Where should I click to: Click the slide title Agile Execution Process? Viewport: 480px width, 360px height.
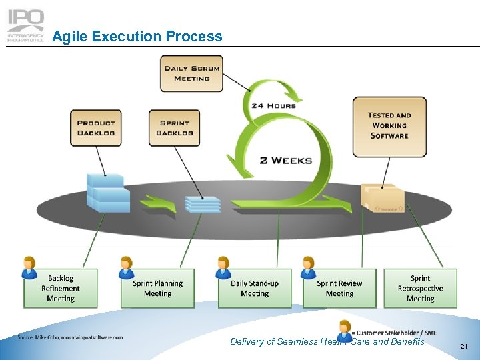click(x=137, y=37)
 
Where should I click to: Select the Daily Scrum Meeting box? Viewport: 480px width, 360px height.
click(x=191, y=74)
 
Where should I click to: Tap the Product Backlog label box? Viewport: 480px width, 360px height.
click(x=96, y=128)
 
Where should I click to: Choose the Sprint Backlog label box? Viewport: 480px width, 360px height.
click(x=175, y=128)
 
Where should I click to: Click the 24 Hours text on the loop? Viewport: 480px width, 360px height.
click(x=273, y=105)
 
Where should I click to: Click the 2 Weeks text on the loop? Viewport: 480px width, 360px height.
click(x=286, y=160)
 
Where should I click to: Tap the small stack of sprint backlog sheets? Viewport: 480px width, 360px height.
click(x=202, y=205)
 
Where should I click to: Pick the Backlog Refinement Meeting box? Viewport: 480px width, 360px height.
click(x=61, y=289)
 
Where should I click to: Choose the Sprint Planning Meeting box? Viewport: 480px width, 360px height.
click(x=157, y=289)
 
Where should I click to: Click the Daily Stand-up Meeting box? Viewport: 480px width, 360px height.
click(x=255, y=289)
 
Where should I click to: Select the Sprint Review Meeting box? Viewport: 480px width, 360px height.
click(x=339, y=289)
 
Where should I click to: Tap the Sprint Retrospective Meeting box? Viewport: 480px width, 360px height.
click(x=420, y=289)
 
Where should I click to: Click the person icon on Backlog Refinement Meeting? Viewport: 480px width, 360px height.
click(x=29, y=267)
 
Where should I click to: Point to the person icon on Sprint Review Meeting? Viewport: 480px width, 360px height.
click(x=308, y=267)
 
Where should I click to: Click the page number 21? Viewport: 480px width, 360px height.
click(x=464, y=346)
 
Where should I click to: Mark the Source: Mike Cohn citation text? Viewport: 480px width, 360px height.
click(x=71, y=337)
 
